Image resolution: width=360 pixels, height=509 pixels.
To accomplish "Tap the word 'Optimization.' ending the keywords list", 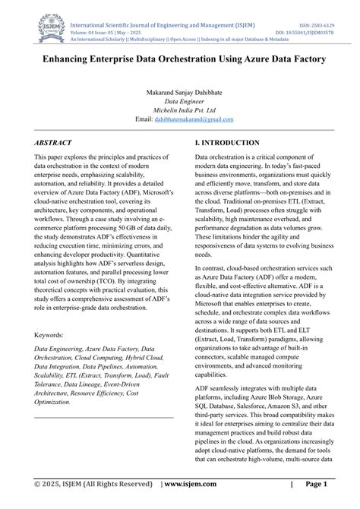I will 52,402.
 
